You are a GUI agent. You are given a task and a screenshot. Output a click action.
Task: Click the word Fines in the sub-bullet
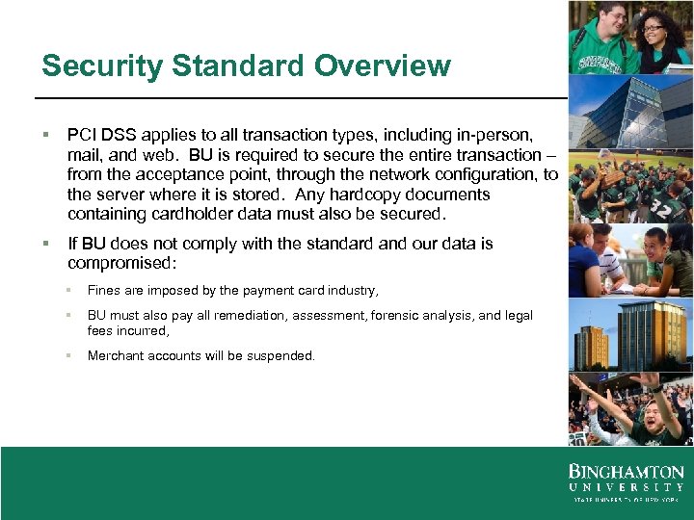(102, 290)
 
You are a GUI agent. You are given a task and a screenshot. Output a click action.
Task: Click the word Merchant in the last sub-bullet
(115, 356)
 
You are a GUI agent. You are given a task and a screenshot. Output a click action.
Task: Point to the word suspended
(280, 356)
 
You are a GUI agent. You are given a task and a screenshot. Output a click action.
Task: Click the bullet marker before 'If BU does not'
(45, 244)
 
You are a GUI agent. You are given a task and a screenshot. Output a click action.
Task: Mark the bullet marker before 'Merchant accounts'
(69, 356)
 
